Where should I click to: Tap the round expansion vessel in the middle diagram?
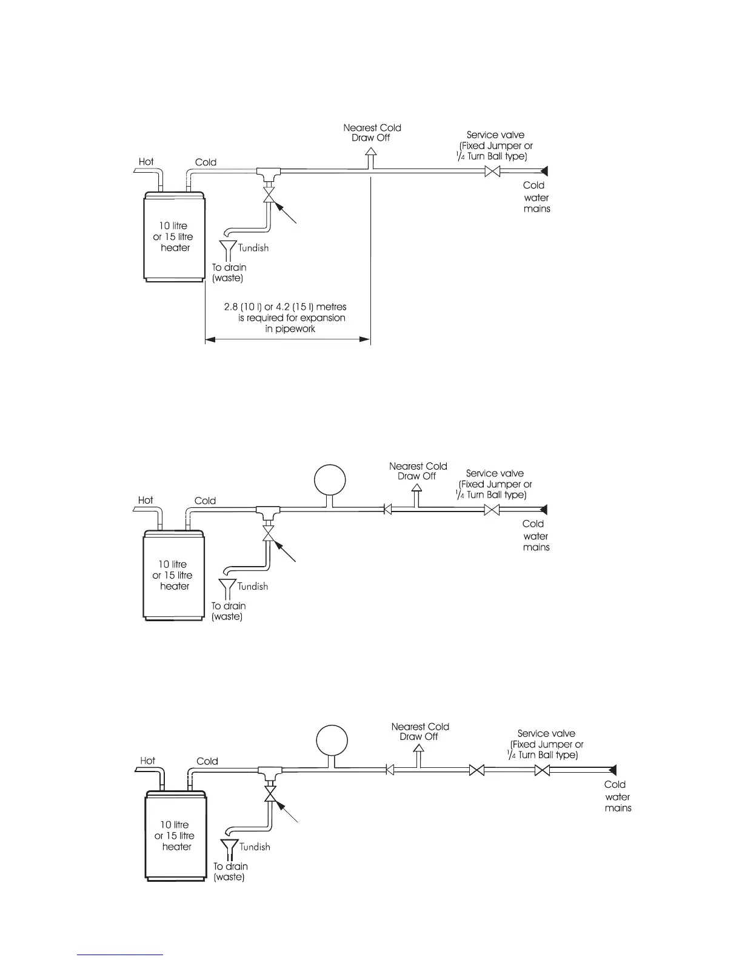coord(330,481)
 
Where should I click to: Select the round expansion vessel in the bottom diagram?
coord(332,741)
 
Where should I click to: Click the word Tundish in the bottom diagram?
coord(255,847)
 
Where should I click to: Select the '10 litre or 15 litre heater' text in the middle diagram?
coord(173,575)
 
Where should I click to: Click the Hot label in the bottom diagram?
coord(147,761)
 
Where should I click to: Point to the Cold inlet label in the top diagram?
coord(206,162)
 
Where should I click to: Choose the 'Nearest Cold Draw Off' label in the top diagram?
coord(372,132)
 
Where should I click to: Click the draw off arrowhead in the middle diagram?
coord(416,487)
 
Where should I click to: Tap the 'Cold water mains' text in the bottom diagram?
coord(618,796)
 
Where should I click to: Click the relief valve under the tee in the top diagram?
coord(268,195)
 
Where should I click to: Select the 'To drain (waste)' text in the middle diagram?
coord(228,611)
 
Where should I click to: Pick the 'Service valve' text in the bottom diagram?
coord(546,733)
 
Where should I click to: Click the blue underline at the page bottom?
coord(120,955)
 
